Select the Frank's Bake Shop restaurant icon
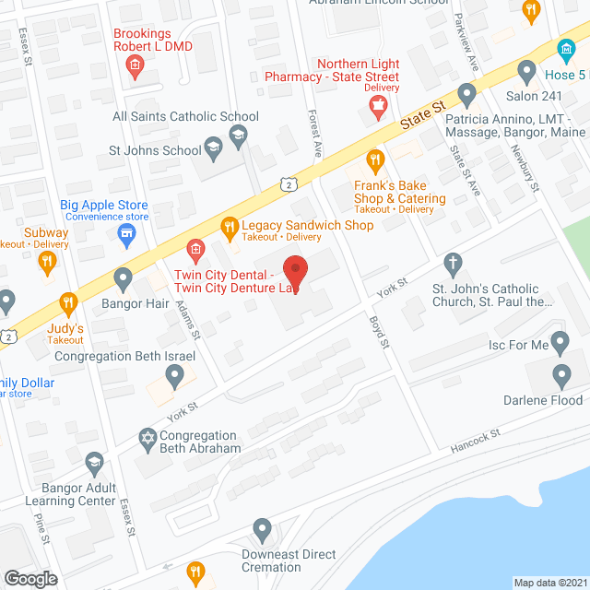pos(374,162)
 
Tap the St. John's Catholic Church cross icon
pos(452,265)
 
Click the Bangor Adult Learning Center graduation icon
pos(93,462)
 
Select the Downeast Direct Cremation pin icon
pos(263,531)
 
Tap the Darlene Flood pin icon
pos(561,375)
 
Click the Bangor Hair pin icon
pos(124,277)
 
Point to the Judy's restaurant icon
pos(67,302)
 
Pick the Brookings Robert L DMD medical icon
pos(135,65)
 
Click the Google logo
pos(29,578)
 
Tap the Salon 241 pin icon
pos(526,70)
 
